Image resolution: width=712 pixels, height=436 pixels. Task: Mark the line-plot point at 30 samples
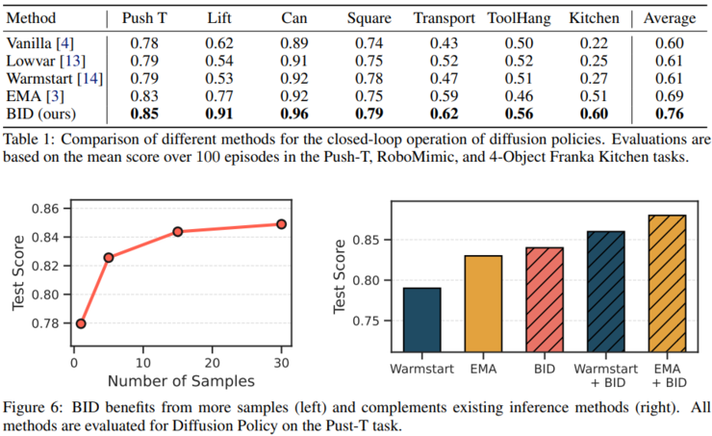pyautogui.click(x=281, y=224)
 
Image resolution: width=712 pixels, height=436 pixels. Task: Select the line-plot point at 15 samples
pyautogui.click(x=178, y=232)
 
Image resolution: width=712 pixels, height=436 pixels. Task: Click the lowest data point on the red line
pyautogui.click(x=81, y=323)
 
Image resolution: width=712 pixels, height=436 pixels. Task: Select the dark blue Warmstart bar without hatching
pyautogui.click(x=422, y=322)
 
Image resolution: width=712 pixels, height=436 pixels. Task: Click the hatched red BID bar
pyautogui.click(x=544, y=302)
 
